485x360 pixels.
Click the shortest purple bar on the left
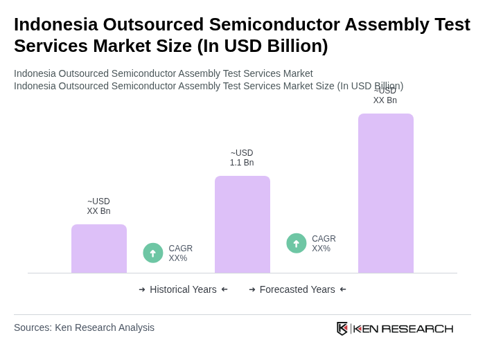99,249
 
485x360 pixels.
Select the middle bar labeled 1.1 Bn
242,224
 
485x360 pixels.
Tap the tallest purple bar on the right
386,193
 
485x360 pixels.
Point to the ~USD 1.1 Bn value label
242,158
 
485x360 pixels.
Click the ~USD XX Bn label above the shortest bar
98,206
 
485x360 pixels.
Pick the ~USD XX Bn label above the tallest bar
385,96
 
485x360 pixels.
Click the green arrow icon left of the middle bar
153,253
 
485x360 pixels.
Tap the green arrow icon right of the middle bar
297,243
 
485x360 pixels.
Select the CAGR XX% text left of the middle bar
180,253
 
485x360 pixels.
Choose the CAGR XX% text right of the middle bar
324,244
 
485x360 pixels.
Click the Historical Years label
183,289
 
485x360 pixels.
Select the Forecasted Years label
297,289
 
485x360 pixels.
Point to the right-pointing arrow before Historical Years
142,289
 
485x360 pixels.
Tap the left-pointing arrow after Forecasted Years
343,289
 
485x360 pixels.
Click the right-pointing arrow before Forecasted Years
252,289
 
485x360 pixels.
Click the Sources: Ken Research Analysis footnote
84,327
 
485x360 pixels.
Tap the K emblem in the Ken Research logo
342,328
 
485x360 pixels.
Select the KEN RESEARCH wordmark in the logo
403,328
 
